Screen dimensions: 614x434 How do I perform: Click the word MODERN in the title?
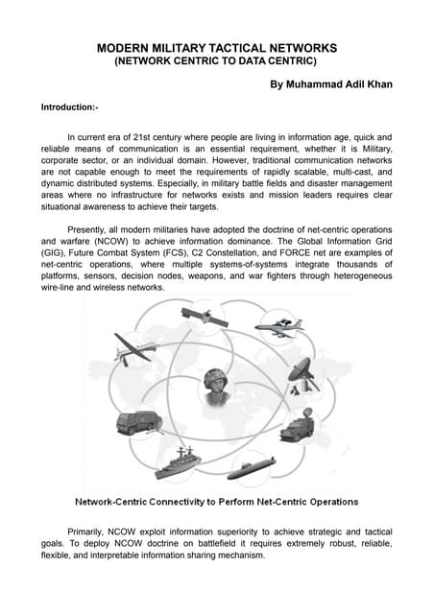[131, 47]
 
